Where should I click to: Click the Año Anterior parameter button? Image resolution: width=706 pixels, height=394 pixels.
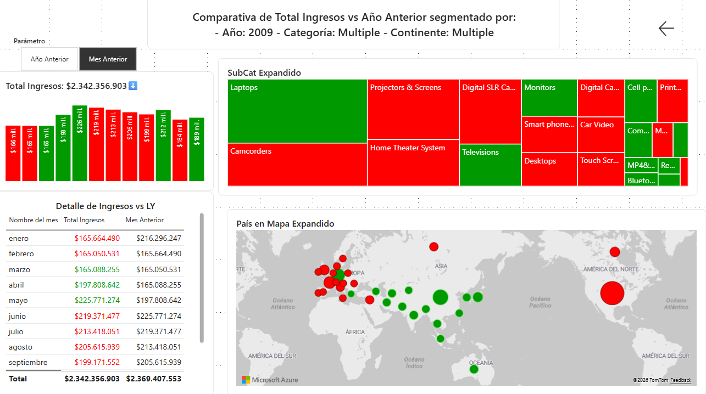pos(49,59)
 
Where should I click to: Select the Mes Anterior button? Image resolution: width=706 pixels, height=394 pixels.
pos(108,59)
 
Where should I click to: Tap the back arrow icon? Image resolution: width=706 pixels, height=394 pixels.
pos(666,29)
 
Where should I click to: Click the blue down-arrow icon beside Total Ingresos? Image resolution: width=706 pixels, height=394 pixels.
pos(133,86)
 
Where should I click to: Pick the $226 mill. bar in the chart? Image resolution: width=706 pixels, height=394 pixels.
pos(80,143)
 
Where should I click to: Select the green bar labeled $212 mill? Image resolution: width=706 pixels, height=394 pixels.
pos(163,145)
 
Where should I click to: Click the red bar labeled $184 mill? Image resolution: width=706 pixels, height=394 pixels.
pos(180,150)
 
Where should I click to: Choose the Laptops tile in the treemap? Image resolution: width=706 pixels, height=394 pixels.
pos(297,111)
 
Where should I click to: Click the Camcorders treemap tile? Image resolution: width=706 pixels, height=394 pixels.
pos(297,165)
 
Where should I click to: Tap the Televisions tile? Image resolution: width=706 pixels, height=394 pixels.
pos(490,165)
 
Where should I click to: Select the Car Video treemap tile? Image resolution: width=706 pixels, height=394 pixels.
pos(601,134)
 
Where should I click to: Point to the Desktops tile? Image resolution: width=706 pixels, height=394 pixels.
pos(549,170)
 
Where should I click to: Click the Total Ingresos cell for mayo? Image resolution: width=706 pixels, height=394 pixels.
pos(97,300)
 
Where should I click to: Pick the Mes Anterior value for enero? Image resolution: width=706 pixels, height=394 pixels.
pos(159,238)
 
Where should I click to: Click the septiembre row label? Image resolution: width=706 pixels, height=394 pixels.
pos(28,362)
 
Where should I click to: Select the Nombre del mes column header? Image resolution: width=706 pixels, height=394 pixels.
pos(34,220)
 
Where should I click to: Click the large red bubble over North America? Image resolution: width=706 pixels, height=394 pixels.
pos(612,293)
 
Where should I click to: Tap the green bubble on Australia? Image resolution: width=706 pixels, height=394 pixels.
pos(474,369)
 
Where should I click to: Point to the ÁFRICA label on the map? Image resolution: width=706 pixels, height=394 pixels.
pos(355,332)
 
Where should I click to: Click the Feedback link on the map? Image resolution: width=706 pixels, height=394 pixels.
pos(681,380)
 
